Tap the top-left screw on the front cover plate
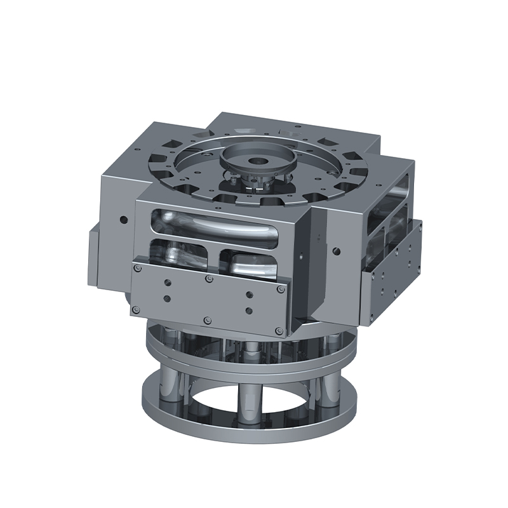click(136, 268)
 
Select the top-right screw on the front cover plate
click(280, 289)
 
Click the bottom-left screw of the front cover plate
click(135, 309)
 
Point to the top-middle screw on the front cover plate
click(209, 278)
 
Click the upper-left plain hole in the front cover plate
click(166, 284)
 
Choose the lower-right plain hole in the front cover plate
click(248, 311)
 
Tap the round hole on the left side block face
click(123, 220)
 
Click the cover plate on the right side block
click(391, 273)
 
